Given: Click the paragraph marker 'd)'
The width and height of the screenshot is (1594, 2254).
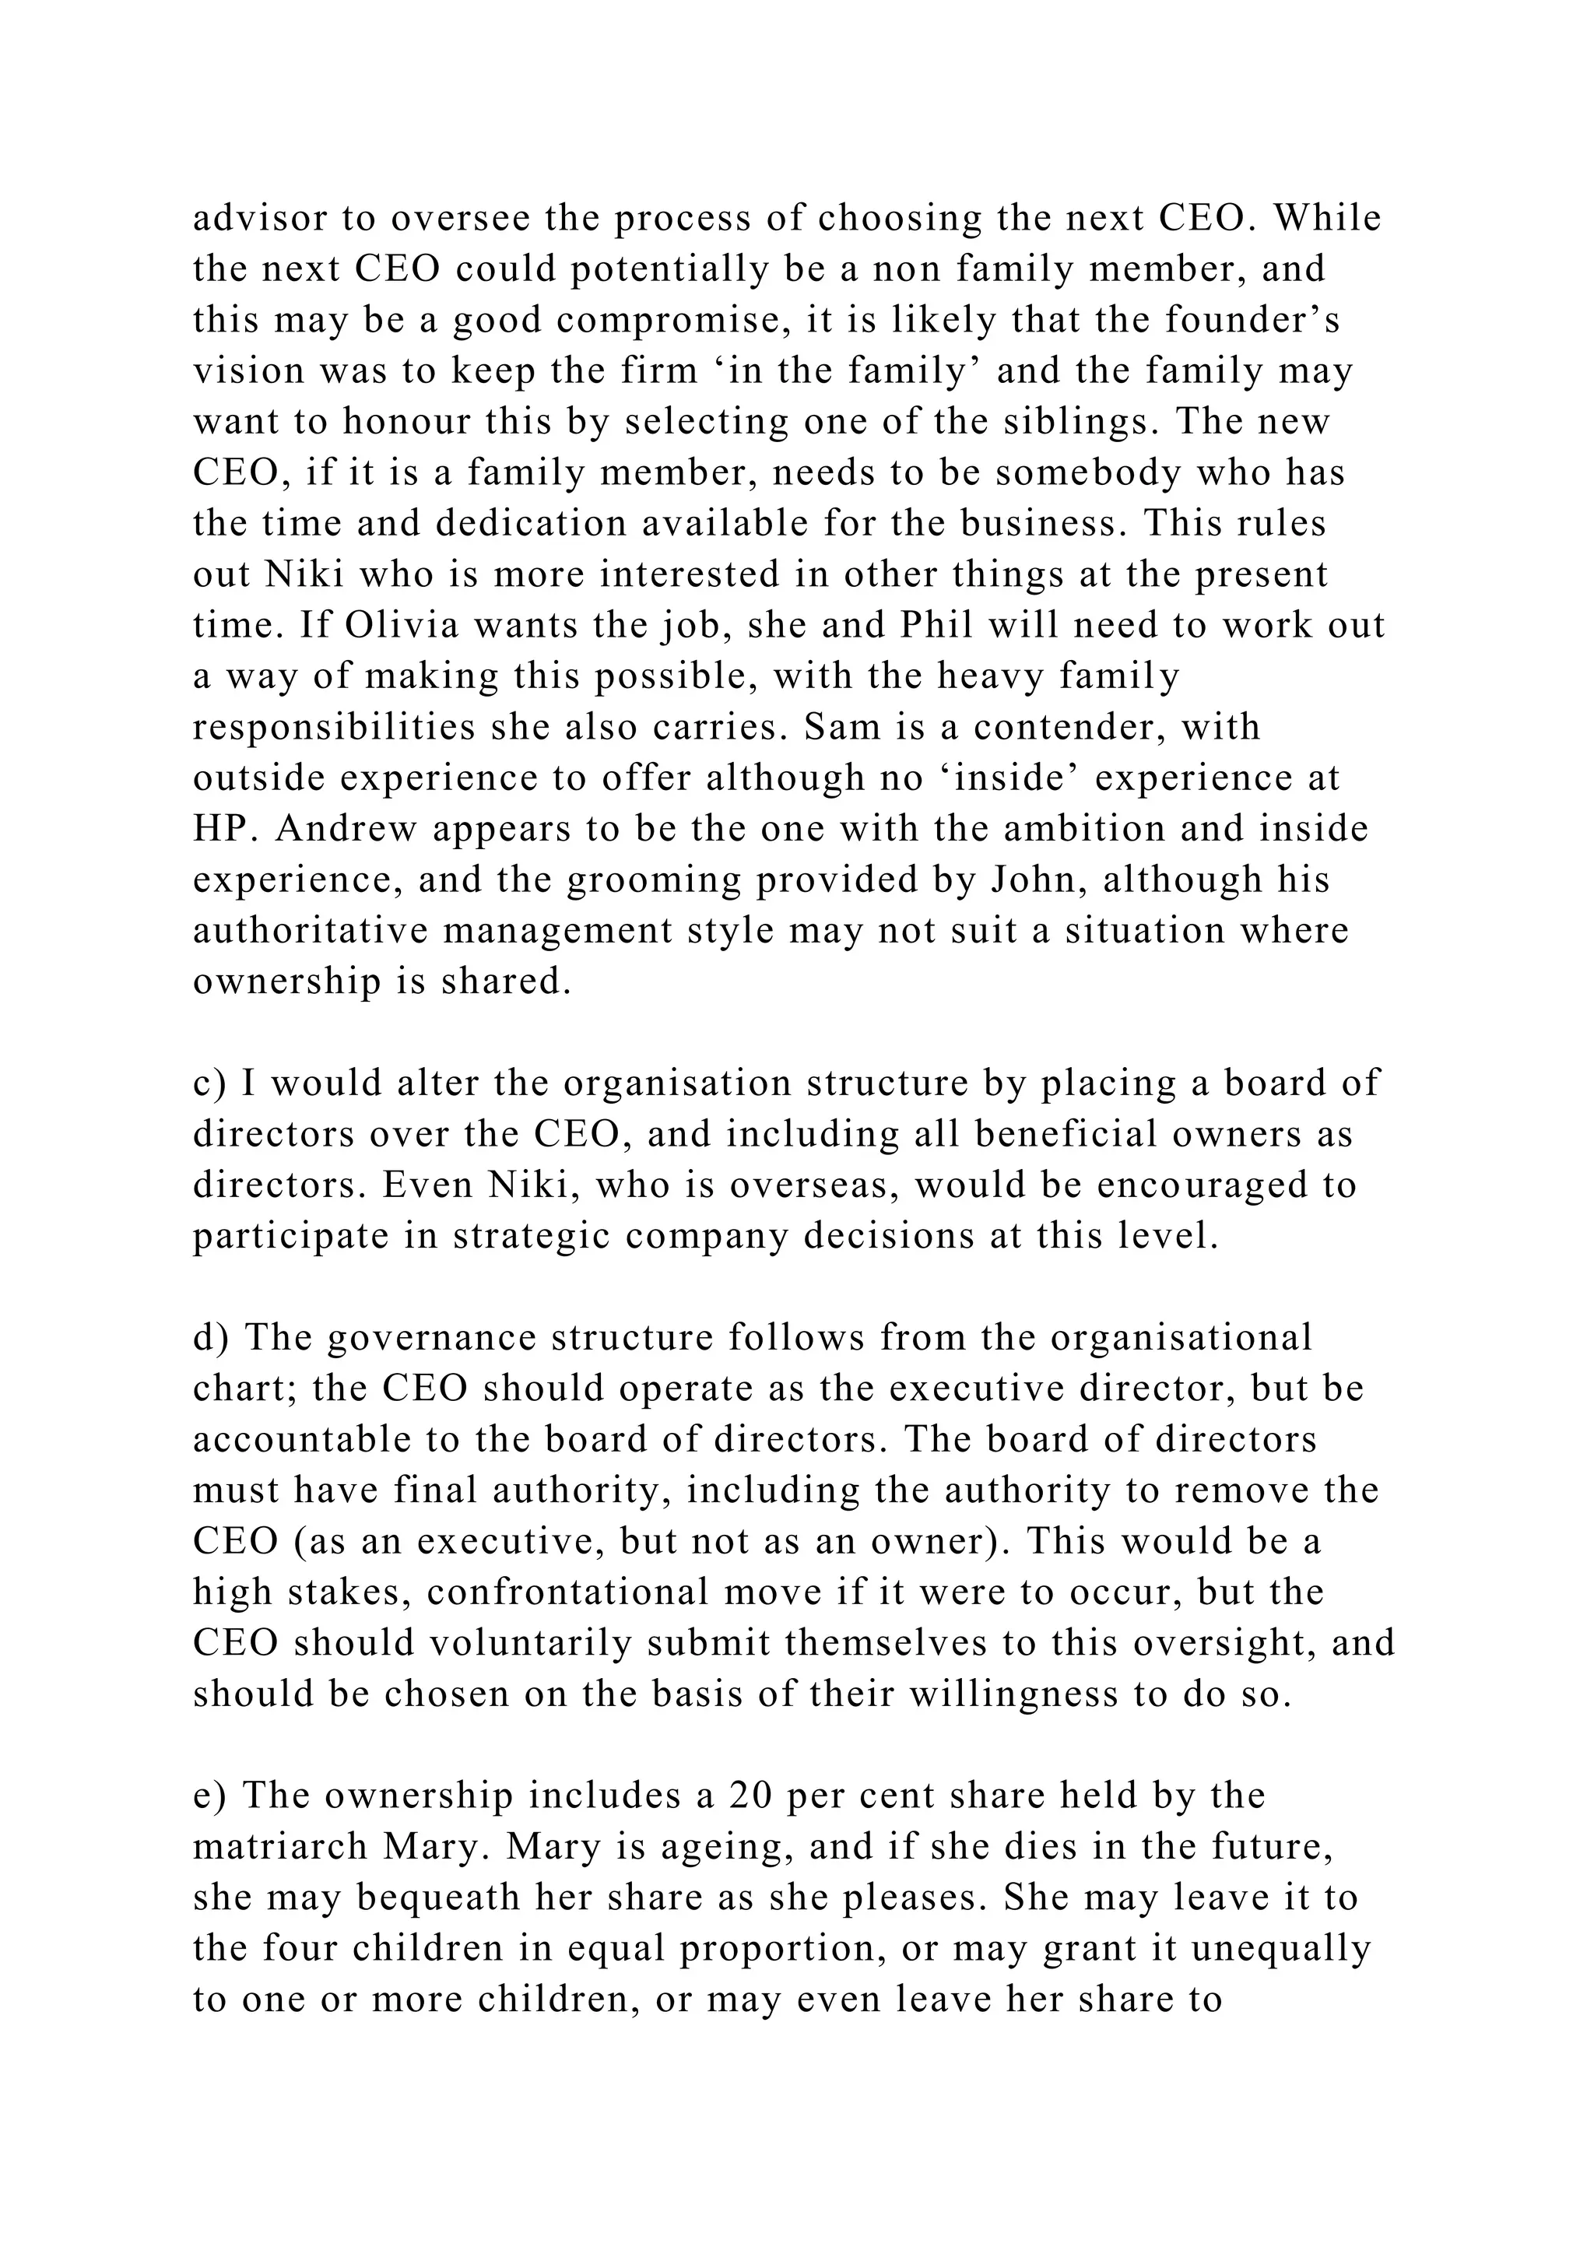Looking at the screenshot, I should [x=210, y=1338].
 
